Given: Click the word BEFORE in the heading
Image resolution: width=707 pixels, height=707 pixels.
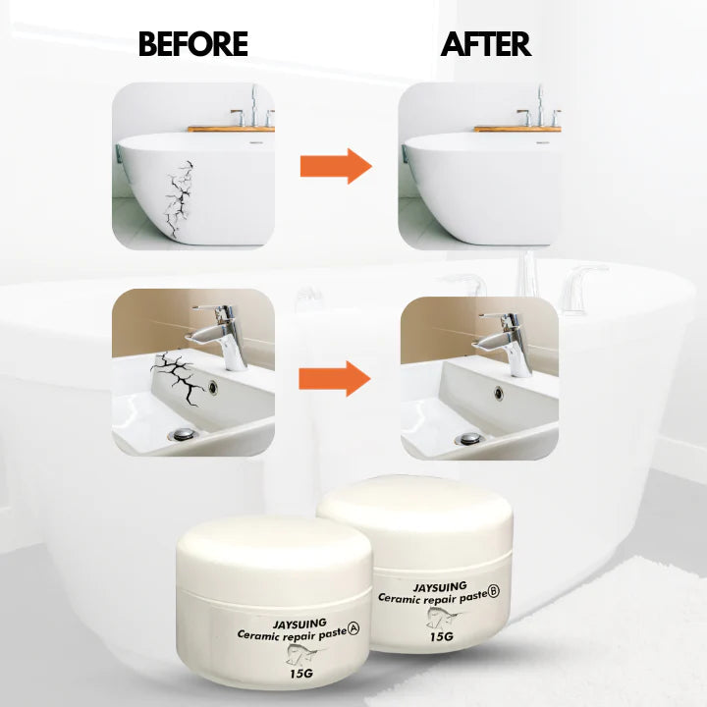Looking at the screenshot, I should click(192, 44).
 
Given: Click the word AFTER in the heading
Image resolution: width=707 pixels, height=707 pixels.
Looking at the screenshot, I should click(485, 44).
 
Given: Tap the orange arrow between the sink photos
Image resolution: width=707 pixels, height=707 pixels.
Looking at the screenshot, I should click(336, 375).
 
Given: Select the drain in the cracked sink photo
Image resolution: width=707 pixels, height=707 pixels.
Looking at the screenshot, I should click(182, 433).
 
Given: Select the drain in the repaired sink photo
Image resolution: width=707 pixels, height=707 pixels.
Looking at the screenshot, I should click(470, 439).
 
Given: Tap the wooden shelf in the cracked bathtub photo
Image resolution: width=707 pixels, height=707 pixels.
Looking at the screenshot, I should click(231, 128).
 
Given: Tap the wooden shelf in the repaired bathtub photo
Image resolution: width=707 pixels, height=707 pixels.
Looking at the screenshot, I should click(517, 128).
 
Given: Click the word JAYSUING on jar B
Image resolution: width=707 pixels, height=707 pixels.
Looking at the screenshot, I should click(439, 587).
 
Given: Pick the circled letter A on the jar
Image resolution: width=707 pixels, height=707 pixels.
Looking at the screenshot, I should click(342, 633).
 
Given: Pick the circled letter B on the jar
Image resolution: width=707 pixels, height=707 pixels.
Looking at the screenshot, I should click(494, 592).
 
